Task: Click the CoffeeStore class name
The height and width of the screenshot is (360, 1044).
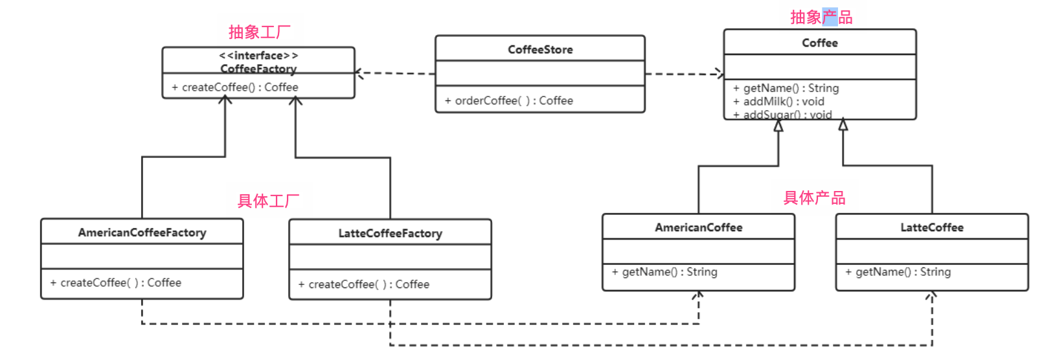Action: (540, 49)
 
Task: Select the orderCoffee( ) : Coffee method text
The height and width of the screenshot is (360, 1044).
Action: (508, 100)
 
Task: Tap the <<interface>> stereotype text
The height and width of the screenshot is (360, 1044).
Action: (258, 56)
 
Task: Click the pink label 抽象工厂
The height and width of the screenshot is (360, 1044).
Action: (260, 32)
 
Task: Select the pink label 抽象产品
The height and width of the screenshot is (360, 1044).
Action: (821, 17)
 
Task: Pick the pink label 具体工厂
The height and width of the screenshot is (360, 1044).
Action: (268, 201)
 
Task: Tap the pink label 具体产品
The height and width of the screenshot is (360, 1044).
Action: (814, 198)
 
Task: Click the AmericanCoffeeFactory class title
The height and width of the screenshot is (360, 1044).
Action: (142, 232)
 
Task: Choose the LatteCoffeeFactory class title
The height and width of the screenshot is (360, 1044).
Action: (390, 233)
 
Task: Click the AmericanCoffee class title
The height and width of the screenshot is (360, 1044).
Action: (699, 227)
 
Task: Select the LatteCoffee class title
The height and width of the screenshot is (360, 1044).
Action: (932, 227)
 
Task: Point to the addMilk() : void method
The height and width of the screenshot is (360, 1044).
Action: (778, 102)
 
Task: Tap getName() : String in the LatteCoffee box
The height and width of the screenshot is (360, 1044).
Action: (898, 272)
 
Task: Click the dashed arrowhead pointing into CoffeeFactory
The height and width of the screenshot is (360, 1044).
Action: (359, 73)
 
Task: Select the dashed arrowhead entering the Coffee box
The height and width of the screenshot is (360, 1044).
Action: (720, 74)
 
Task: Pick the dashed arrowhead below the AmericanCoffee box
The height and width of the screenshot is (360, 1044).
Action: (698, 295)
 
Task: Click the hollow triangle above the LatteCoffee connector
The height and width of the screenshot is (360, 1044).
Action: (843, 125)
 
